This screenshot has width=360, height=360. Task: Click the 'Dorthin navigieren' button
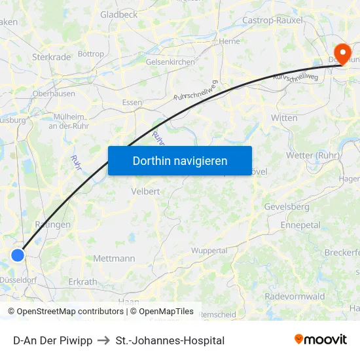[x=180, y=160]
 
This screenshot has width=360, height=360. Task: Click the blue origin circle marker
[x=18, y=255]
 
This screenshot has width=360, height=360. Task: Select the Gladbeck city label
[x=118, y=14]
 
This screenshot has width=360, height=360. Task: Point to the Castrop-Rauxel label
[x=272, y=20]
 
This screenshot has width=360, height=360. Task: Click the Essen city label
[x=132, y=103]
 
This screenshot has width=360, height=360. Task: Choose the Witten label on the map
[x=284, y=118]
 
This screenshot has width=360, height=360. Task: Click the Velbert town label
[x=145, y=191]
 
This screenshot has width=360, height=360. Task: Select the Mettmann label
[x=114, y=259]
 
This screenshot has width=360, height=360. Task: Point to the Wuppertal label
[x=209, y=251]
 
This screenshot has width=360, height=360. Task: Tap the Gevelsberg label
[x=287, y=206]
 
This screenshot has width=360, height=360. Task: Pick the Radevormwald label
[x=295, y=297]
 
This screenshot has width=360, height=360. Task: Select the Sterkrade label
[x=51, y=57]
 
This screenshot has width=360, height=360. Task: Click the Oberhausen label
[x=54, y=94]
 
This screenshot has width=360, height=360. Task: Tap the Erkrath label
[x=82, y=282]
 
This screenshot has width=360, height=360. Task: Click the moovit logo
[x=320, y=339]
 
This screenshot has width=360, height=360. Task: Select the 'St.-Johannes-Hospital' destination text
[x=170, y=340]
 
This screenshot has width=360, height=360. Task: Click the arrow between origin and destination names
[x=103, y=340]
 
